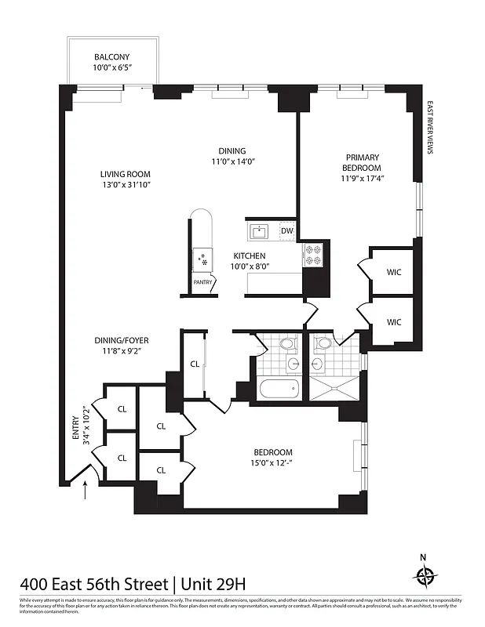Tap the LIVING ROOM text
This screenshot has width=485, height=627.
click(125, 174)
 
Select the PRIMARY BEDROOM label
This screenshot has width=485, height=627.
click(361, 162)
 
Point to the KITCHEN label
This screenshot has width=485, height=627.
click(249, 256)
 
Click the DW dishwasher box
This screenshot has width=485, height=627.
click(286, 230)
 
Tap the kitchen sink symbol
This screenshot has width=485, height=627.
click(259, 230)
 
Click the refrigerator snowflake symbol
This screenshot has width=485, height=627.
click(202, 258)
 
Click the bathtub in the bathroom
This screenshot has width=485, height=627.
click(279, 388)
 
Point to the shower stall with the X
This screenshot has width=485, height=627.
click(334, 387)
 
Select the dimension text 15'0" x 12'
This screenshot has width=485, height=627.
click(272, 463)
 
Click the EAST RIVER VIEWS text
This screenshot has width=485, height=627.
click(430, 129)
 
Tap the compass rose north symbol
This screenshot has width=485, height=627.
click(425, 576)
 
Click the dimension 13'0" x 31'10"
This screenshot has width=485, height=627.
click(125, 184)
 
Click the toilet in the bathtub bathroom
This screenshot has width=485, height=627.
click(287, 345)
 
